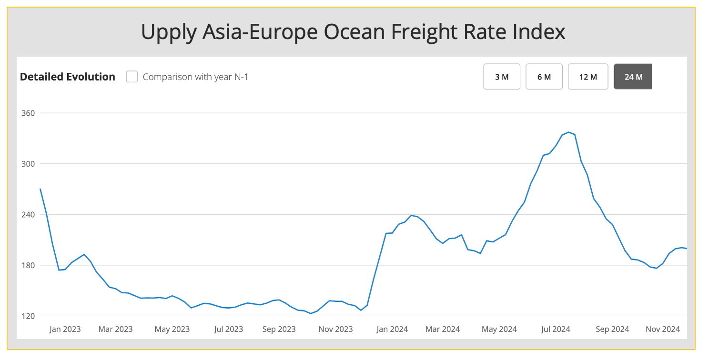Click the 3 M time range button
(501, 77)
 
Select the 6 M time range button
(544, 77)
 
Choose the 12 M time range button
(587, 77)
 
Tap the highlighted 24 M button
(633, 77)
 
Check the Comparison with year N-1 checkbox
(132, 77)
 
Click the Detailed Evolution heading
(68, 77)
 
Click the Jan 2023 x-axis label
(65, 329)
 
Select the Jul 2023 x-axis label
(228, 329)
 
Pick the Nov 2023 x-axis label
(335, 329)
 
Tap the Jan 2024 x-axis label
(392, 329)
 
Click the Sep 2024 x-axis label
(612, 329)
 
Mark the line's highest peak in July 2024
(568, 132)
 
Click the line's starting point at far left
(41, 189)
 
